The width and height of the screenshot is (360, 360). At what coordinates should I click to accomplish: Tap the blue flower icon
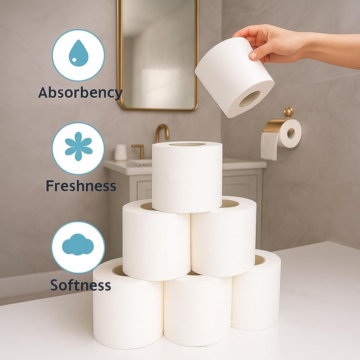coord(78,146)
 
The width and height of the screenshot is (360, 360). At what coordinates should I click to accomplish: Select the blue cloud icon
coord(78,244)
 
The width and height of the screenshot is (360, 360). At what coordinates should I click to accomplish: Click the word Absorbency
coord(80,93)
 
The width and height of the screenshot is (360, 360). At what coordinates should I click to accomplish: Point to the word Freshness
coord(81,185)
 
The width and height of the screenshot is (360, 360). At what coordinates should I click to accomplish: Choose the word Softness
coord(81,285)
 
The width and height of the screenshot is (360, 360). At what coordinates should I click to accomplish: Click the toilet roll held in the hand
coord(234,77)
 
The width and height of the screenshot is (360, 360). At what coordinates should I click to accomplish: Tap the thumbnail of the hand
coord(253,55)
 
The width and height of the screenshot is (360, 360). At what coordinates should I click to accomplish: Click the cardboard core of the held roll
coord(250,99)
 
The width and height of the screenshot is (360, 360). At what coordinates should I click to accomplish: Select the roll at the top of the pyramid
coord(187,177)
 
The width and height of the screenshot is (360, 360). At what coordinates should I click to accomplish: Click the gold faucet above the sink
coord(162,133)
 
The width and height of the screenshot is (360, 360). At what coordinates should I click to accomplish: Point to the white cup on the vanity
coord(121,152)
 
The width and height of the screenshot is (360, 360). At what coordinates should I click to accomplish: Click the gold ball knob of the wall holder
coord(288,112)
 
